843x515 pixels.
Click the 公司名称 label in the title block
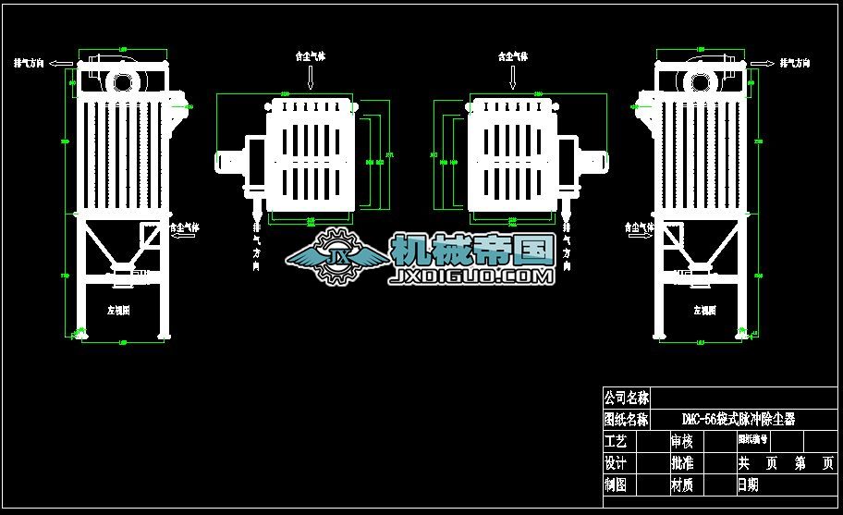click(626, 398)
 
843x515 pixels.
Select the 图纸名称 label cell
click(626, 420)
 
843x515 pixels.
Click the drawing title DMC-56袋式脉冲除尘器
click(738, 420)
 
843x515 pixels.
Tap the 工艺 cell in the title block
click(616, 442)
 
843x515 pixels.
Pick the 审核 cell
click(681, 442)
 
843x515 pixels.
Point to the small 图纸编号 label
click(752, 439)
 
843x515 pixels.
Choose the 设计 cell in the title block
click(616, 463)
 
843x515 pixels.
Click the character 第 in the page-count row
click(800, 463)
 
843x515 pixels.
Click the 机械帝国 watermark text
click(471, 248)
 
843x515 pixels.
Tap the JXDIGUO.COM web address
click(472, 275)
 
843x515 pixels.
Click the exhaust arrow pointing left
click(63, 64)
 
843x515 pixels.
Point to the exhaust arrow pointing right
click(763, 64)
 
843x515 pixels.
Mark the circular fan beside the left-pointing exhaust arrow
click(122, 81)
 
